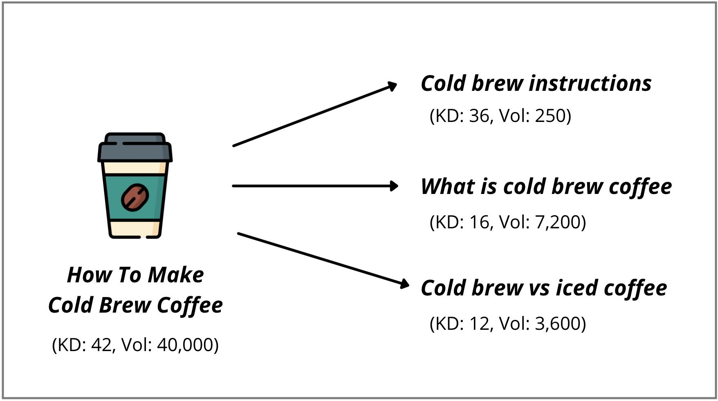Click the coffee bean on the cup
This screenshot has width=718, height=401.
(135, 197)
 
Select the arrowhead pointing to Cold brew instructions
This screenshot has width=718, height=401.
(391, 86)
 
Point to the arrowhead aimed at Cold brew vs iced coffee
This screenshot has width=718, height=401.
(404, 284)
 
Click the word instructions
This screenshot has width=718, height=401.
(590, 83)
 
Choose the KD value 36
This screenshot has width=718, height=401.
(479, 116)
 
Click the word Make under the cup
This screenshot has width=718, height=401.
(176, 275)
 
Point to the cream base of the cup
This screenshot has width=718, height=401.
(135, 229)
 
